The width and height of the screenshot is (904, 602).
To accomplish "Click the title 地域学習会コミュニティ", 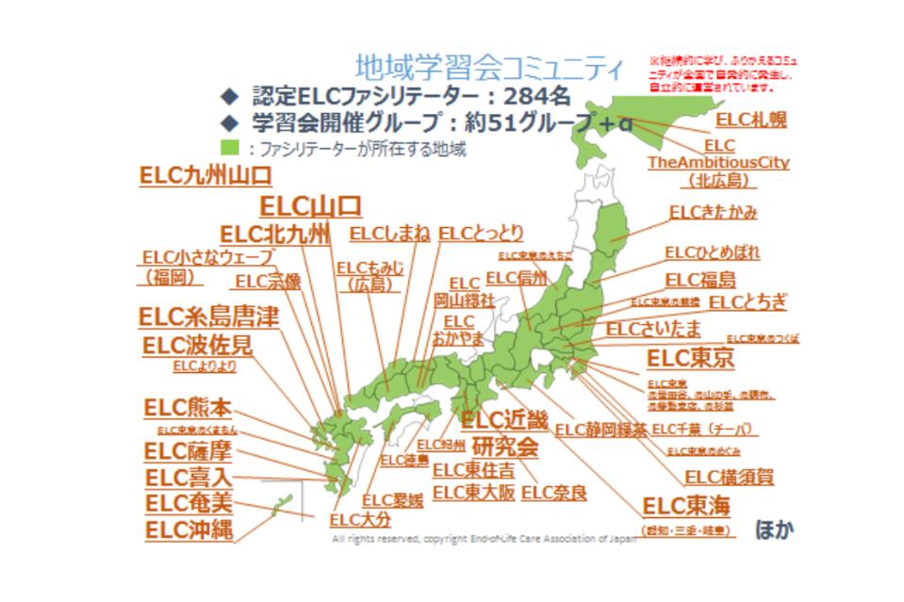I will pyautogui.click(x=488, y=68).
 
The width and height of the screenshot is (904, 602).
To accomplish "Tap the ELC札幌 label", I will pyautogui.click(x=750, y=120).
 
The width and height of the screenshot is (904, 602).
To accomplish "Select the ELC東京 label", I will pyautogui.click(x=690, y=359).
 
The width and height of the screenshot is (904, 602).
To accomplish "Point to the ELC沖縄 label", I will pyautogui.click(x=189, y=529).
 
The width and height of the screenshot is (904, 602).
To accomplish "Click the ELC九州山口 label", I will pyautogui.click(x=205, y=175).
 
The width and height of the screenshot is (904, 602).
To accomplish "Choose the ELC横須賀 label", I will pyautogui.click(x=729, y=477).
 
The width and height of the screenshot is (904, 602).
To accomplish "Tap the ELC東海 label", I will pyautogui.click(x=685, y=506).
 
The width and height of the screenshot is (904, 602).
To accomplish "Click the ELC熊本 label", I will pyautogui.click(x=187, y=408).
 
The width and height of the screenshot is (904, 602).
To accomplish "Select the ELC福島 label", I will pyautogui.click(x=700, y=280).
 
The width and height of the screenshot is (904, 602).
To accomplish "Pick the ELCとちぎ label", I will pyautogui.click(x=748, y=302).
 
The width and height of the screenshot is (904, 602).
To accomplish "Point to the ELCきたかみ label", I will pyautogui.click(x=713, y=212).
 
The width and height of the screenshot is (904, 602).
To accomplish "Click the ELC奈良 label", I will pyautogui.click(x=553, y=492).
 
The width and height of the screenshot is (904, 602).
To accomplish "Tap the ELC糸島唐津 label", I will pyautogui.click(x=208, y=317).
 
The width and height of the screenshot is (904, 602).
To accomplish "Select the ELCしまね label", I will pyautogui.click(x=388, y=234).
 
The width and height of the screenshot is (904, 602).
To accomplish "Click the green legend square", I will pyautogui.click(x=228, y=148).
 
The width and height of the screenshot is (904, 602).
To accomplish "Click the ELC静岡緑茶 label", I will pyautogui.click(x=600, y=430).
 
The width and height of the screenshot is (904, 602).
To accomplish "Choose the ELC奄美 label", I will pyautogui.click(x=189, y=503).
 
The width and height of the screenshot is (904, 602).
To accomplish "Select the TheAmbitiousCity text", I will pyautogui.click(x=718, y=162).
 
